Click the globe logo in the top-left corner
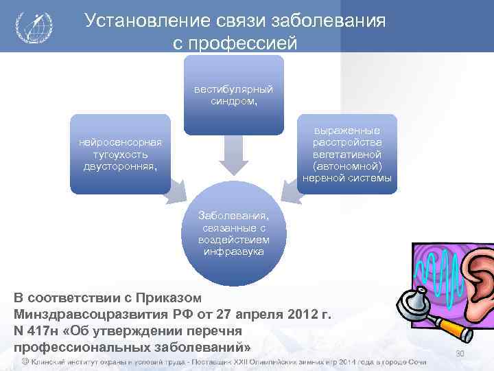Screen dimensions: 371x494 (x=33, y=27)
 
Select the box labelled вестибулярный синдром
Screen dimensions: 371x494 (x=233, y=95)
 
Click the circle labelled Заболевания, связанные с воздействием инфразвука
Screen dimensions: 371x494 (x=233, y=234)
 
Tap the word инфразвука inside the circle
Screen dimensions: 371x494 (x=233, y=251)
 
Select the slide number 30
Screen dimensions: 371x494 (x=460, y=353)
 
